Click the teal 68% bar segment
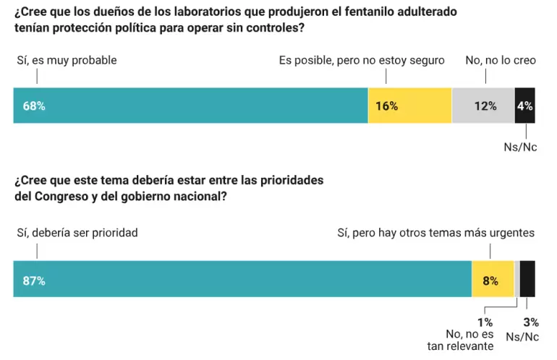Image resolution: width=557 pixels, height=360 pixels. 190,106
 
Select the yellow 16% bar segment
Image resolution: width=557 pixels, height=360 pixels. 409,106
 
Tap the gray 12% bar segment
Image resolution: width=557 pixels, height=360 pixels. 482,106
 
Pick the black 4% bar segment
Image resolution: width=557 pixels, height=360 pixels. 524,106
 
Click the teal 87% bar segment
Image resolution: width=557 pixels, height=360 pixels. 242,278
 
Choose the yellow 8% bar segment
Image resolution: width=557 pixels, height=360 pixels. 492,278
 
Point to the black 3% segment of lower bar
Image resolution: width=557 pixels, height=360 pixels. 527,278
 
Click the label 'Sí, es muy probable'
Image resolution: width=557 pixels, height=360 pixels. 67,61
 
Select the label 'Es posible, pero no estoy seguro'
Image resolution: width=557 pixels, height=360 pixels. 362,61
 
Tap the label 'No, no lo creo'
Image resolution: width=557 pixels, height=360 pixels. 501,61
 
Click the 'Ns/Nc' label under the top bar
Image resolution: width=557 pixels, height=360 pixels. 520,147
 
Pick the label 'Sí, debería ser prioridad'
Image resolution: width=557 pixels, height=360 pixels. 77,233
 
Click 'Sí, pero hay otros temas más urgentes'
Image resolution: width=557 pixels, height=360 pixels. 436,233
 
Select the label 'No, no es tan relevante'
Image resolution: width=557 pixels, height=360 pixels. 469,340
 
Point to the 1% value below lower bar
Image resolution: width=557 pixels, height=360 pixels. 485,322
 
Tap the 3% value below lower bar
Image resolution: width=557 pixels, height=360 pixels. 530,322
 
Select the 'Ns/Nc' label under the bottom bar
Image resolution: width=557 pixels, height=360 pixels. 521,336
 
